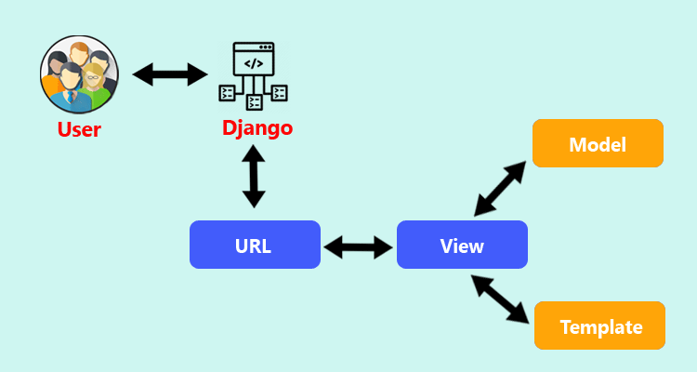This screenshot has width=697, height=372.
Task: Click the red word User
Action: tap(79, 128)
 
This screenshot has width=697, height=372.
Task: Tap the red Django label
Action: tap(257, 126)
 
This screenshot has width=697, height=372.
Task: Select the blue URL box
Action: tap(255, 246)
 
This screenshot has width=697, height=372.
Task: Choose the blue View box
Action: tap(462, 246)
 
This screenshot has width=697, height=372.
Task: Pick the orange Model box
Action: tap(598, 144)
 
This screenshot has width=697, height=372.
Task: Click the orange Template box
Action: tap(600, 326)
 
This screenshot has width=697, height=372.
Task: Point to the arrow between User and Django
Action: tap(170, 73)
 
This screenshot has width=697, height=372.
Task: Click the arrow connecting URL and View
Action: tap(359, 246)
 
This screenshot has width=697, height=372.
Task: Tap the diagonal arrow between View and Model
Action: tap(502, 188)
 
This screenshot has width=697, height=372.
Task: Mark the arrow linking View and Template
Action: tap(502, 299)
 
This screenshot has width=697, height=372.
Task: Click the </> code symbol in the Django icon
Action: tap(254, 63)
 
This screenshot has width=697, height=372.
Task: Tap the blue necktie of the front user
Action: tap(70, 96)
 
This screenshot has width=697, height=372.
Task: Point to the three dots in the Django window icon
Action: tap(267, 46)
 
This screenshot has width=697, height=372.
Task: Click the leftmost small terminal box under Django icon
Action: tap(226, 92)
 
